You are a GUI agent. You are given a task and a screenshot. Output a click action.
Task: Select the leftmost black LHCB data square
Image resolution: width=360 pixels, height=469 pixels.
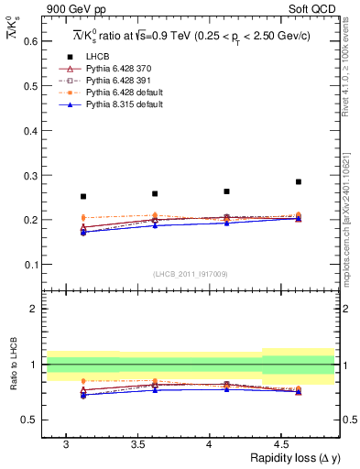point(83,196)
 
